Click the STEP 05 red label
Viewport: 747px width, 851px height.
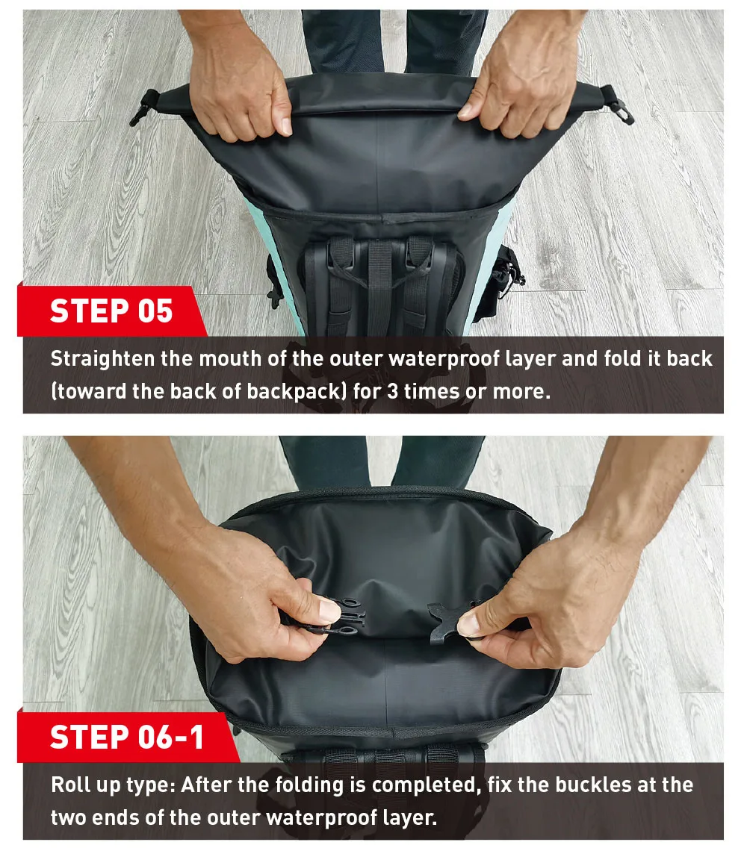[111, 311]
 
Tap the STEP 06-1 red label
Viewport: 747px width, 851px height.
[127, 737]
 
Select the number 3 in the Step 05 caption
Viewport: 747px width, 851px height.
[392, 391]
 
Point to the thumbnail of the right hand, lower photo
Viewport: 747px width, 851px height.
[470, 623]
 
